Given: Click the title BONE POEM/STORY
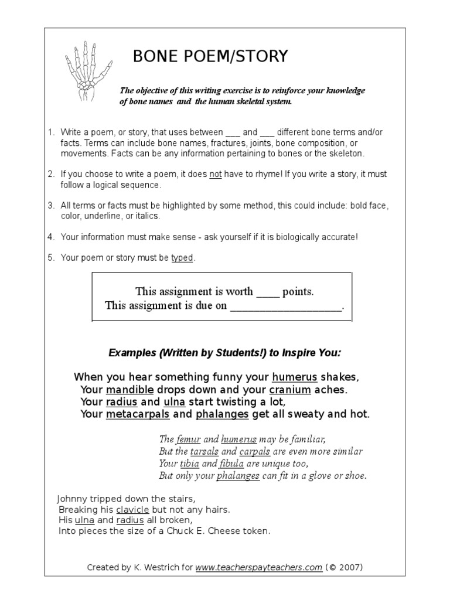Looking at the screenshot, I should [x=211, y=56].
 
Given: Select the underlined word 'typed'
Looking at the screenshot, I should [x=182, y=258].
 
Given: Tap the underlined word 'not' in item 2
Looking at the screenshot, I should [x=216, y=174].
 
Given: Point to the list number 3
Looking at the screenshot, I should [x=50, y=206].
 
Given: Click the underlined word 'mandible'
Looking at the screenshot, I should [x=129, y=389].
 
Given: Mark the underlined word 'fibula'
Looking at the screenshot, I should [x=232, y=463].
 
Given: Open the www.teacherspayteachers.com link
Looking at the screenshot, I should [x=258, y=567].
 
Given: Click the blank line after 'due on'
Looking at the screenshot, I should [x=285, y=305].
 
